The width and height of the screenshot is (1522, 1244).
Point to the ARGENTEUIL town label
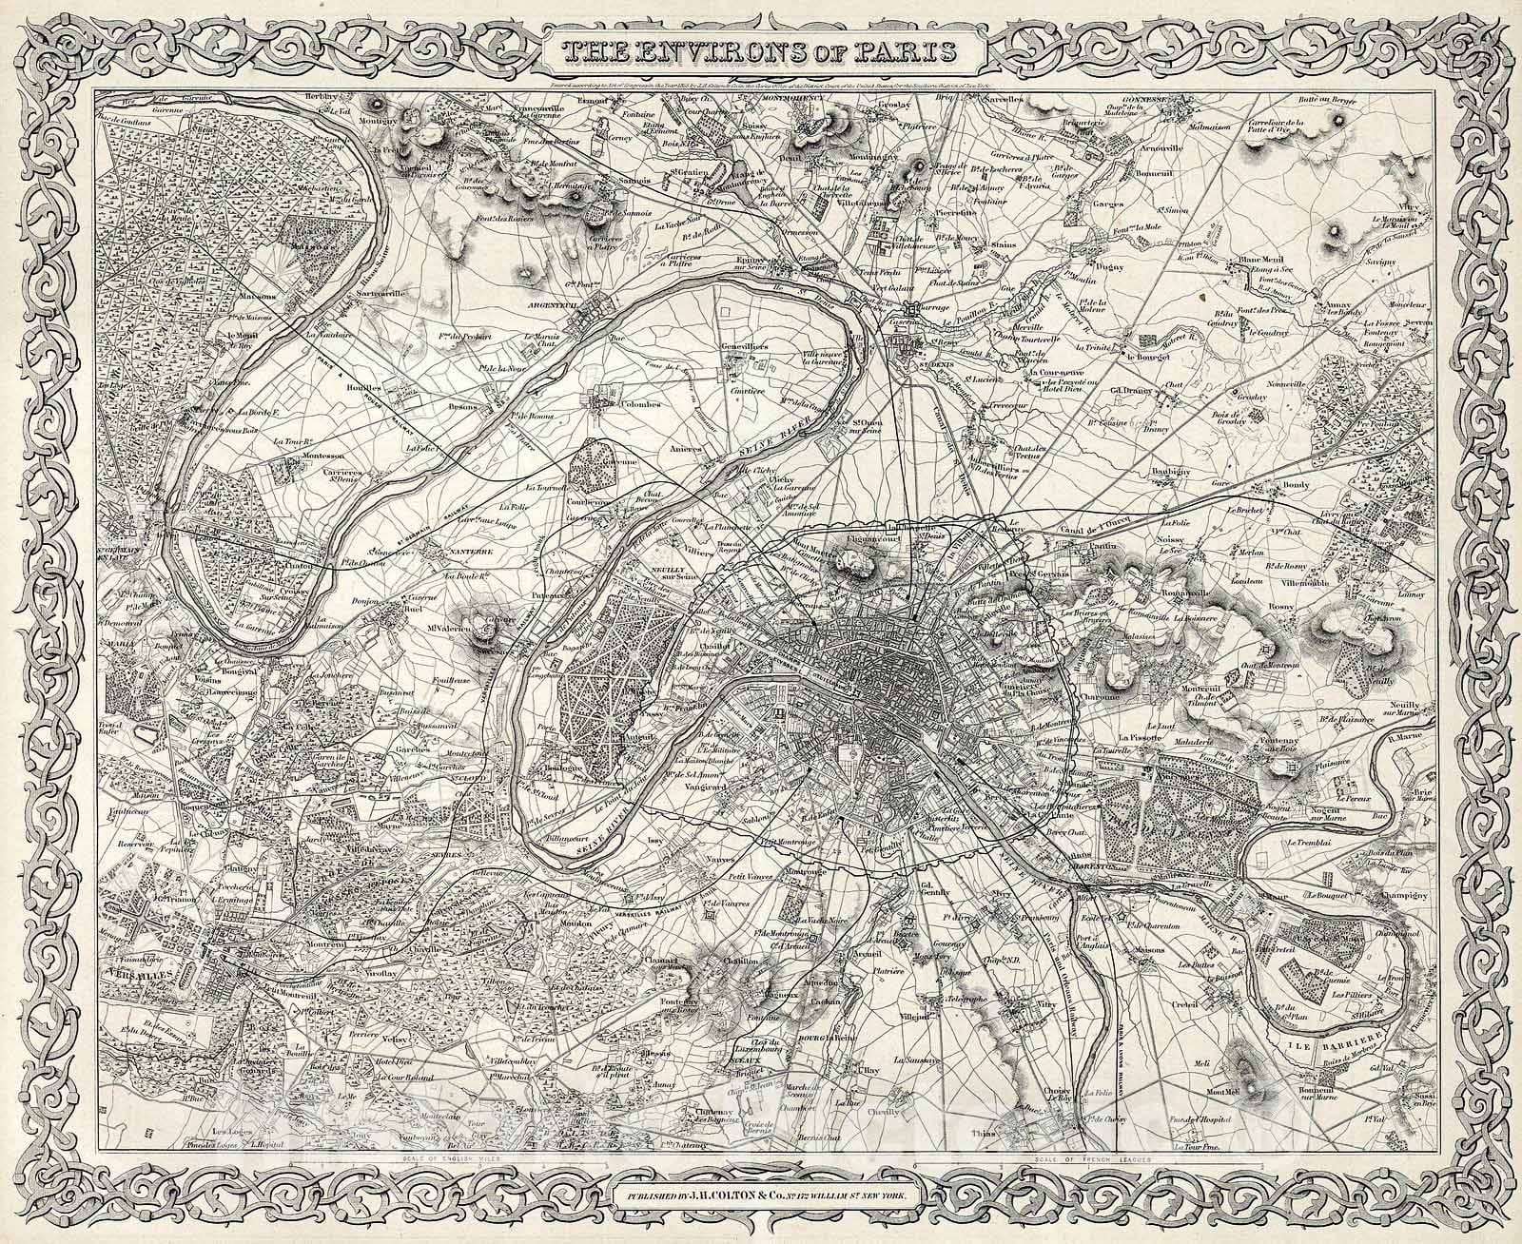pos(552,306)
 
